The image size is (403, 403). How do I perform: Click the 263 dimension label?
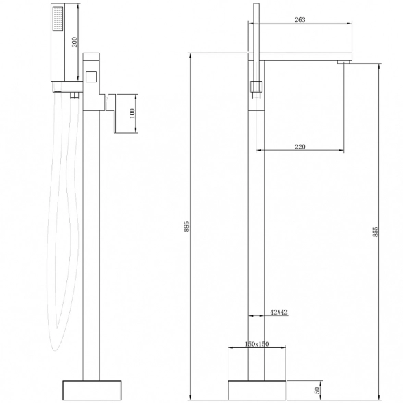tap(300, 19)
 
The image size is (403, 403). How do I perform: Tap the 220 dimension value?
tap(300, 147)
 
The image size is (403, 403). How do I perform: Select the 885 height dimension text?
tap(187, 226)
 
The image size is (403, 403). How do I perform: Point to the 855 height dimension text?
tap(376, 232)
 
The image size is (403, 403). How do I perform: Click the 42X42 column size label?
tap(279, 313)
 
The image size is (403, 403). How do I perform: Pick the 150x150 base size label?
tap(257, 344)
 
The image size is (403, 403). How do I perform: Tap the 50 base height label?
tap(317, 390)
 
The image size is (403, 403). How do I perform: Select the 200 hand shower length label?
tap(75, 42)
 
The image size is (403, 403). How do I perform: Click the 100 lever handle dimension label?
tap(132, 113)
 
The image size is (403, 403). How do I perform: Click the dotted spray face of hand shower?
tap(58, 19)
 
